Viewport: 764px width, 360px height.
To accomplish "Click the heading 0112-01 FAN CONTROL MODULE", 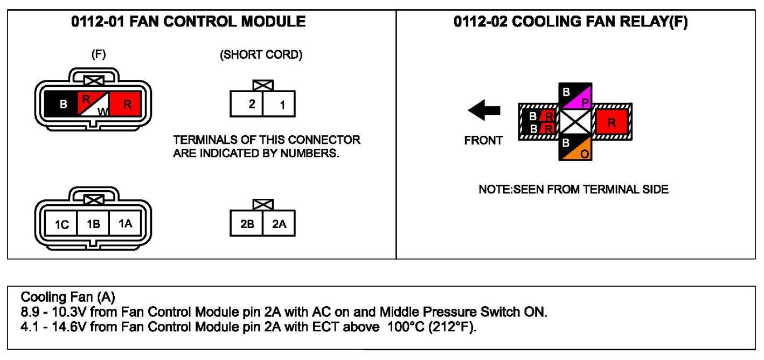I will point(189,22).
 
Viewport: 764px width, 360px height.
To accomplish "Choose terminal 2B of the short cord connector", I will point(247,225).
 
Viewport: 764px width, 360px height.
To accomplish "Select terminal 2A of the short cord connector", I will point(279,225).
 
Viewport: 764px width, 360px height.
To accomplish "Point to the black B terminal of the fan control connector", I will point(64,104).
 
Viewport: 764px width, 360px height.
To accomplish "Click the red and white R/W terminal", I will point(94,104).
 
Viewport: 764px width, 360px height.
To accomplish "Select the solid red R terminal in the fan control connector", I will point(127,104).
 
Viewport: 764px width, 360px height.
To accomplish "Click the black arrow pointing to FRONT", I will point(484,112).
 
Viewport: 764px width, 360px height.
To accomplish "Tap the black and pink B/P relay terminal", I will point(575,96).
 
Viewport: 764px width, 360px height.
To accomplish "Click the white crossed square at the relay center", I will point(575,122).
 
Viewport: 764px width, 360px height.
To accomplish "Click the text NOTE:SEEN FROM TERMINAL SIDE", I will point(573,190).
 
